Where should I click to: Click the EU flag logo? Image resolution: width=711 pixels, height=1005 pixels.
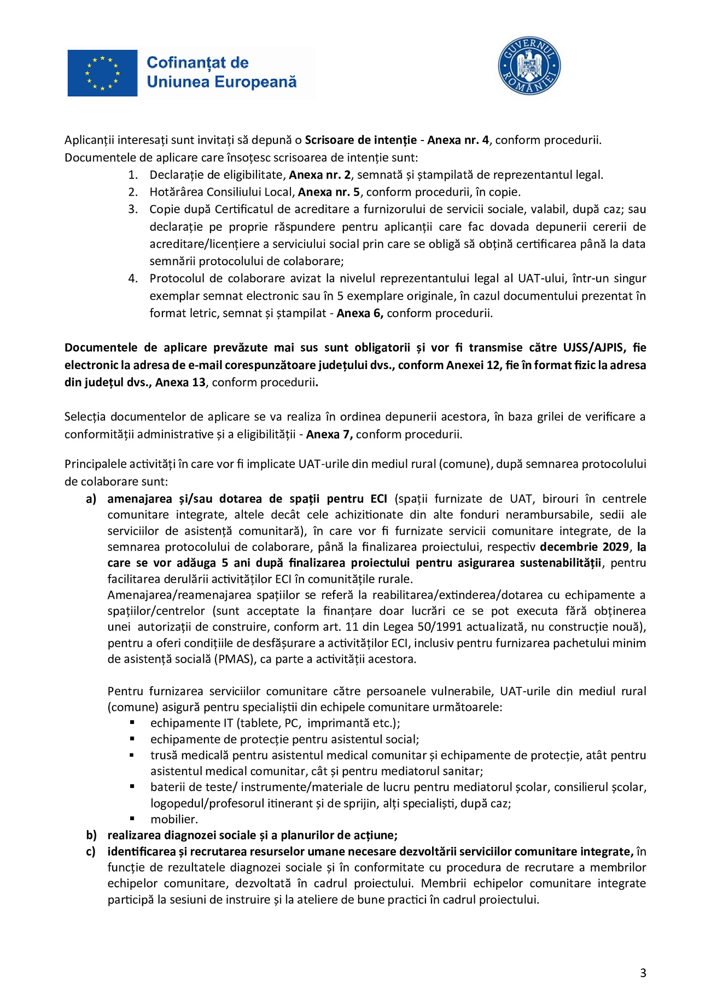pyautogui.click(x=102, y=73)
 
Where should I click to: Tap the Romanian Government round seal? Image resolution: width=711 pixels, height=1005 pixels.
pyautogui.click(x=529, y=66)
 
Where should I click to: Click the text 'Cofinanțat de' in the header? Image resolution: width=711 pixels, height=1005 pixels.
pyautogui.click(x=197, y=63)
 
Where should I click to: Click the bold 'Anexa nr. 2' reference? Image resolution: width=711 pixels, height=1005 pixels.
pyautogui.click(x=320, y=175)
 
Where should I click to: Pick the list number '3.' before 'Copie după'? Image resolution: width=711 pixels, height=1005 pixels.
pyautogui.click(x=133, y=209)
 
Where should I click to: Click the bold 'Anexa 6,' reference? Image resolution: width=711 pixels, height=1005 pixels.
pyautogui.click(x=360, y=313)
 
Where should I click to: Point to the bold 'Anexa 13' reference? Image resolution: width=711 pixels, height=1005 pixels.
pyautogui.click(x=180, y=382)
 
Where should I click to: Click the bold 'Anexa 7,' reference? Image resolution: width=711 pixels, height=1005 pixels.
pyautogui.click(x=329, y=435)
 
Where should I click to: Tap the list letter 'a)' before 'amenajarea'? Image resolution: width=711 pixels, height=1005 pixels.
pyautogui.click(x=91, y=499)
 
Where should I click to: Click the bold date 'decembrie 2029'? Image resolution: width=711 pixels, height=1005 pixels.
pyautogui.click(x=584, y=547)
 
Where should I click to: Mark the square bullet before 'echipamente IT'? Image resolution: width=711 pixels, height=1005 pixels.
pyautogui.click(x=132, y=722)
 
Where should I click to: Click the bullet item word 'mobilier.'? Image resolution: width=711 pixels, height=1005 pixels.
pyautogui.click(x=174, y=819)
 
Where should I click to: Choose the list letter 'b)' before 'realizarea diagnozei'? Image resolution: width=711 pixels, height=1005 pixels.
pyautogui.click(x=91, y=835)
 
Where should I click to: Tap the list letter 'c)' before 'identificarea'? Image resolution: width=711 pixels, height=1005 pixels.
pyautogui.click(x=91, y=851)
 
